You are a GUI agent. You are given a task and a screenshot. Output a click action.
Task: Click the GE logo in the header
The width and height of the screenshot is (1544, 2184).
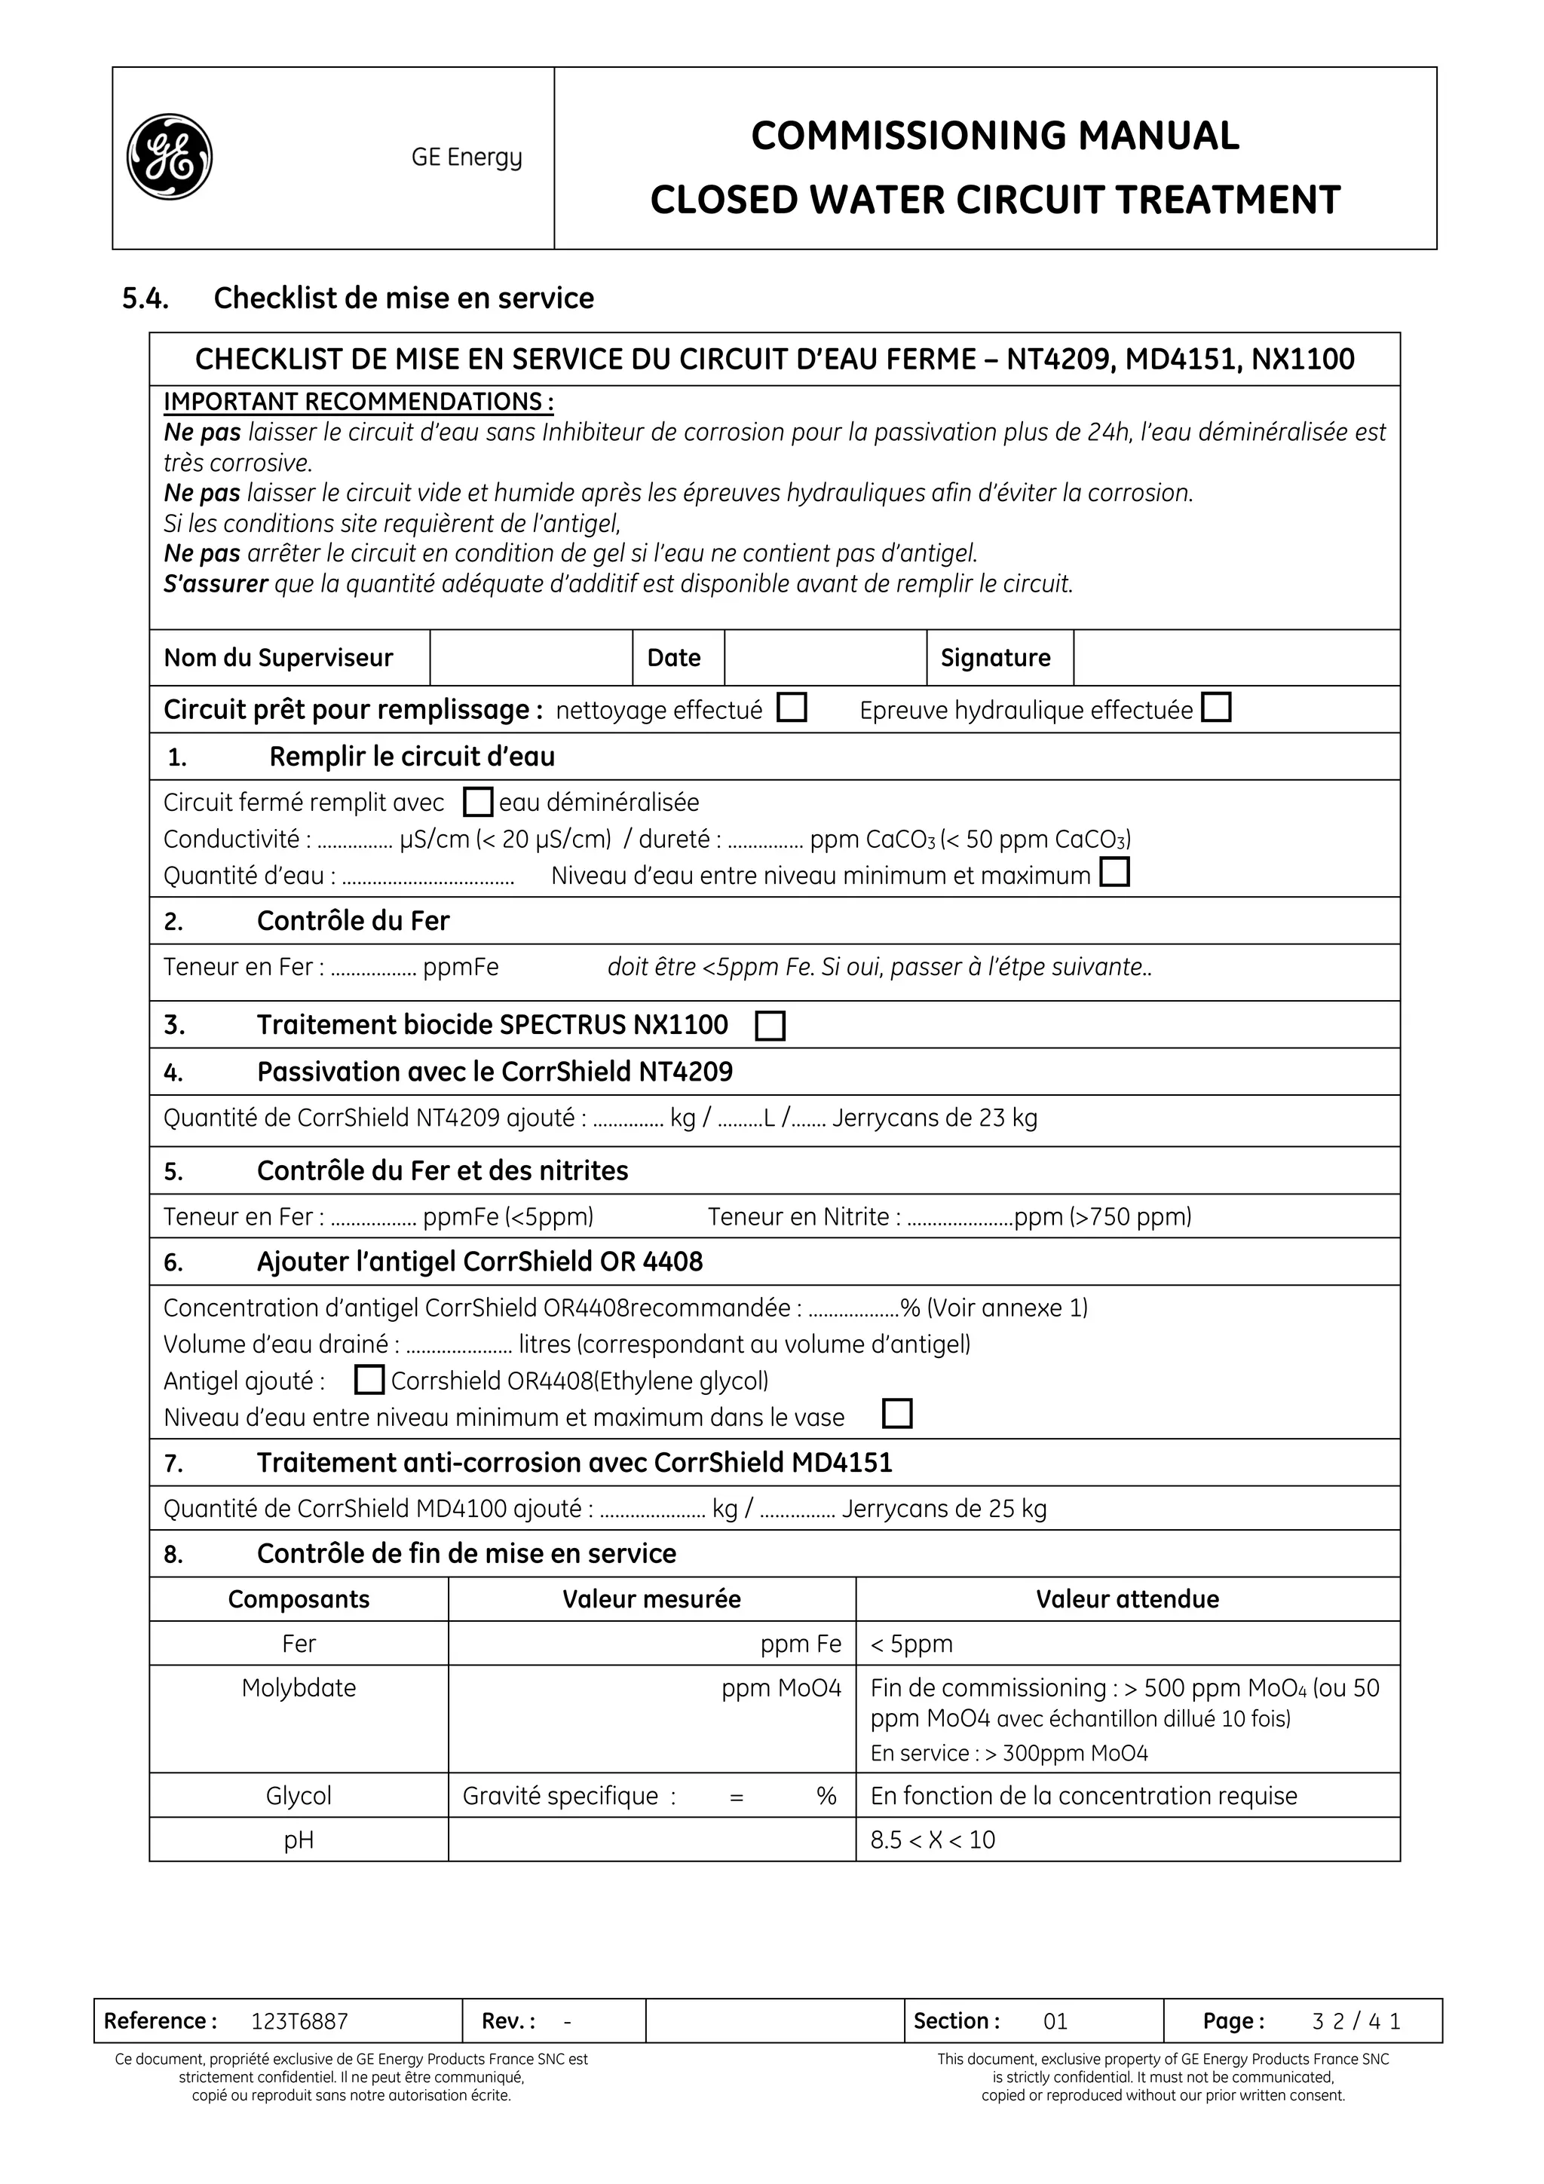170,157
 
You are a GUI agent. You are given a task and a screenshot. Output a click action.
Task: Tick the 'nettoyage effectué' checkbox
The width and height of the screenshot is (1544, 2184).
792,708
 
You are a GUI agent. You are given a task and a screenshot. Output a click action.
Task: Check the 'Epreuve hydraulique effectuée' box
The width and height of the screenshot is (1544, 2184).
1216,708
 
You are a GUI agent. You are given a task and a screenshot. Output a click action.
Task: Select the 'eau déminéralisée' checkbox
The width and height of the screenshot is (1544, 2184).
477,802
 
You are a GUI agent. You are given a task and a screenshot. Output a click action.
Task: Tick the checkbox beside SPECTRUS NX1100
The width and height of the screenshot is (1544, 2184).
770,1026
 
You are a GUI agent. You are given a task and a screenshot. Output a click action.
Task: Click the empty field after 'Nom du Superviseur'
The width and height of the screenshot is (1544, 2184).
530,657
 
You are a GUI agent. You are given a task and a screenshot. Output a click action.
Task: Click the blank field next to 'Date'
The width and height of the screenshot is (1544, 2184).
824,657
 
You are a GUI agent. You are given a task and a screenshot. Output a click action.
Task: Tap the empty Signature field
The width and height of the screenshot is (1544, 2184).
1235,657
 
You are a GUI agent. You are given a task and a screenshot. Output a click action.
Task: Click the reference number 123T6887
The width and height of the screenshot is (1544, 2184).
299,2020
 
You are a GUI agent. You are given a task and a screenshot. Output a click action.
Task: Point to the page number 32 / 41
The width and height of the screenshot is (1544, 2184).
1356,2020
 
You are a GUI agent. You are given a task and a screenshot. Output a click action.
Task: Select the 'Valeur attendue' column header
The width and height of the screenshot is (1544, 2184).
1126,1599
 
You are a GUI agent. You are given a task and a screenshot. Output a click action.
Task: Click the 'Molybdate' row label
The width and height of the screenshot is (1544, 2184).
299,1687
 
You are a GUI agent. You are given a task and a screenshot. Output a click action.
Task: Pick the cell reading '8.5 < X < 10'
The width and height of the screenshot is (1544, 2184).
933,1840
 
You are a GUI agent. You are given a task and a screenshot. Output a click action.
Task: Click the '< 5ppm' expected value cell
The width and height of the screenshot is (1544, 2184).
911,1644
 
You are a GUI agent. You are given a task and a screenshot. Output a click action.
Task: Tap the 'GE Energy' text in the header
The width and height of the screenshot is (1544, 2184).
466,157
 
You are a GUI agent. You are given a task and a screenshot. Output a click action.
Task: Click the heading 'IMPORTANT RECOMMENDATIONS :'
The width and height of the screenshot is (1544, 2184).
359,402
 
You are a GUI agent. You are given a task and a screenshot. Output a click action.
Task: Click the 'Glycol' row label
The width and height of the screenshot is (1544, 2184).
299,1795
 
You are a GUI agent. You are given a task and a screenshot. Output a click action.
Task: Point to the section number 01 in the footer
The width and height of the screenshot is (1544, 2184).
1055,2020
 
